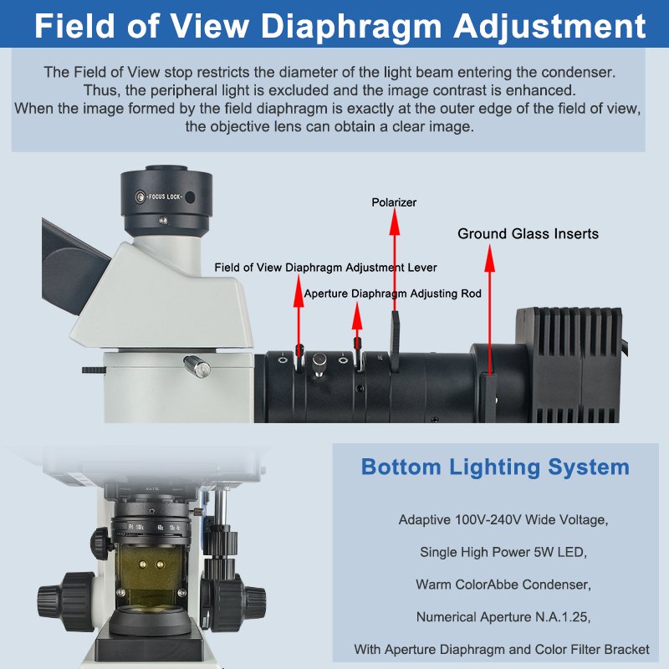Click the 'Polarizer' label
394,202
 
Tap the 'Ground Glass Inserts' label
528,234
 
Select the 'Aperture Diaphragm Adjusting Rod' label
392,294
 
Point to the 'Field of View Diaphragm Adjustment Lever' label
325,268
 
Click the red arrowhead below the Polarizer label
395,222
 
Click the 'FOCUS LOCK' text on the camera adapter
165,197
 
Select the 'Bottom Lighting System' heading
495,467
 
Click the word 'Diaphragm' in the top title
351,26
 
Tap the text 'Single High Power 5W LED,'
503,552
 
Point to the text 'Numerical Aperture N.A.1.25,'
503,617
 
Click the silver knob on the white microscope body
197,366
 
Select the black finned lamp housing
569,365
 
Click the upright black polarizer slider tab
395,341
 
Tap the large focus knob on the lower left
69,601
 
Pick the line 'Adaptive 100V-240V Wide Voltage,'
503,519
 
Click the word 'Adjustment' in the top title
550,26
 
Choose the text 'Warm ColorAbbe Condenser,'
503,585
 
